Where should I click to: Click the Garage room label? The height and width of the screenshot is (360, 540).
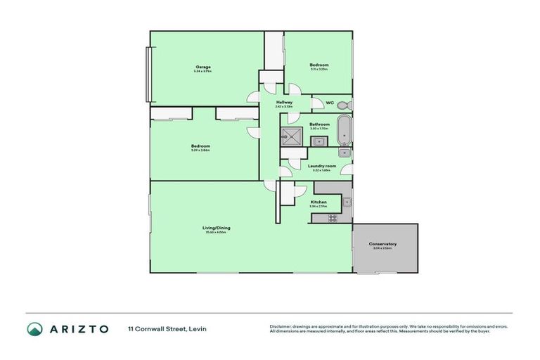(203, 67)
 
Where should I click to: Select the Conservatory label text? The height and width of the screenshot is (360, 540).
(383, 244)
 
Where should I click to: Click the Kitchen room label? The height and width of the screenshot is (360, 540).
(319, 202)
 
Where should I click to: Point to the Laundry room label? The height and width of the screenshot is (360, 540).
(322, 166)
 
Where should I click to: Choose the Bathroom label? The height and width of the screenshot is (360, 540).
(319, 124)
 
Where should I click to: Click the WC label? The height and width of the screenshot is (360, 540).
(330, 103)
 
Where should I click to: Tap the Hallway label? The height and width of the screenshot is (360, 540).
(284, 103)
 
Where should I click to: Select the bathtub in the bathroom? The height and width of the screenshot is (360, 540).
(344, 129)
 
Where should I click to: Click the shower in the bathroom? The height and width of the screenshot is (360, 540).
(292, 136)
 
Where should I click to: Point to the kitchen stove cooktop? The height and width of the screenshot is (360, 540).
(333, 218)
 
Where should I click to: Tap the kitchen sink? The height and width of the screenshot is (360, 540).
(347, 202)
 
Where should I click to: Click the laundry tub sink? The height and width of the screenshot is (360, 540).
(344, 153)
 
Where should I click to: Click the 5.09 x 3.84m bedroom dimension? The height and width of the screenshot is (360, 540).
(200, 150)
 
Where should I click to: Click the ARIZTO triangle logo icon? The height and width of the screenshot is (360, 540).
(34, 328)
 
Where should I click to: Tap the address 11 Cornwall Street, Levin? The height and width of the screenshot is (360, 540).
(167, 328)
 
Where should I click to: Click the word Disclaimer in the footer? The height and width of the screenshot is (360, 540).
(280, 326)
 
